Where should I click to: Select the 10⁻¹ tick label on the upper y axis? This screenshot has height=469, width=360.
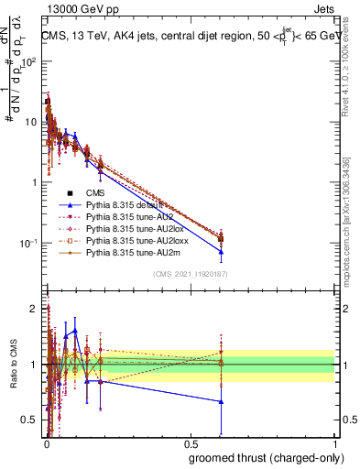point(30,243)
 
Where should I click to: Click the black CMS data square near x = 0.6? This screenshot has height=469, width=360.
point(221,240)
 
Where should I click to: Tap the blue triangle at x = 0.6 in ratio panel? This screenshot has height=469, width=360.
point(221,402)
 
